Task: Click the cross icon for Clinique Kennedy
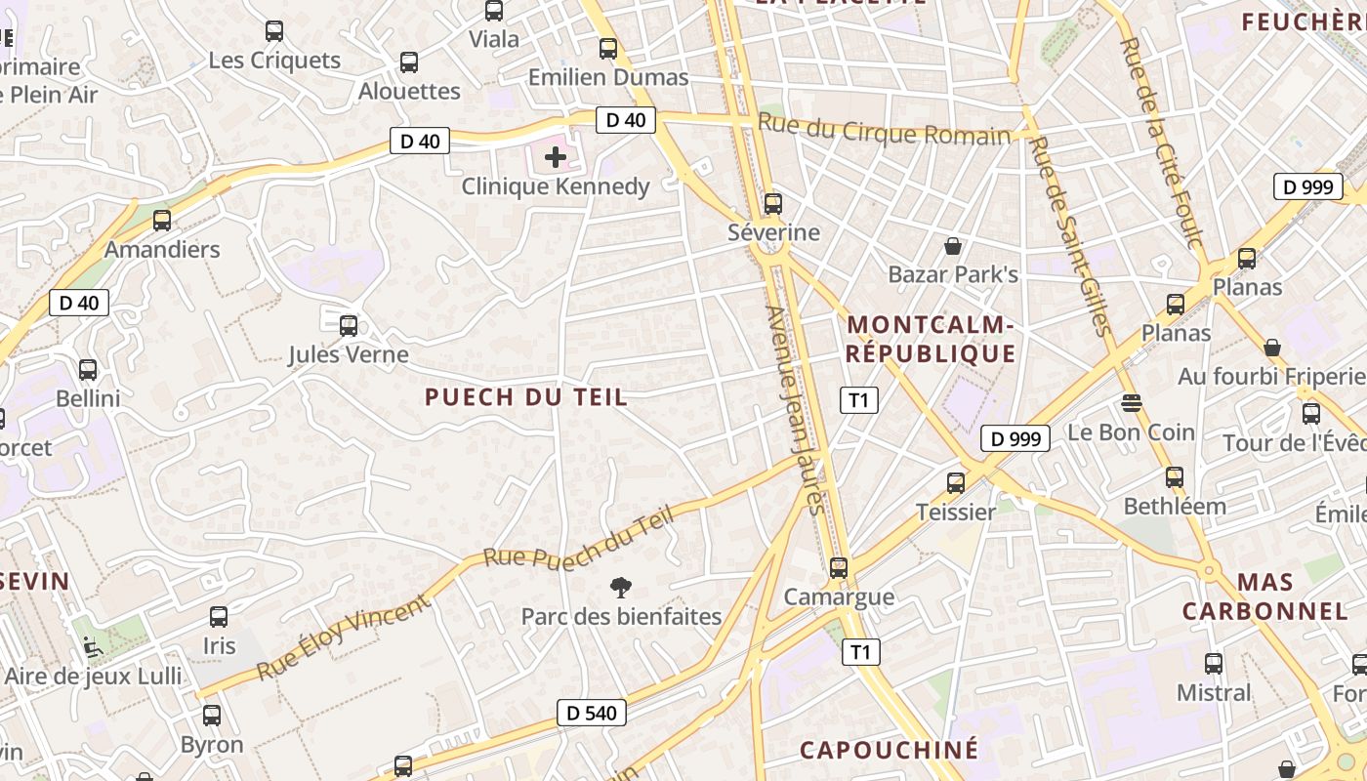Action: [556, 156]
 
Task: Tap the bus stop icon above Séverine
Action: [773, 204]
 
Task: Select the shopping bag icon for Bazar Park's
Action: [953, 246]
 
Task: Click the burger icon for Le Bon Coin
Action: [1132, 402]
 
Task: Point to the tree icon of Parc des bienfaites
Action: [620, 587]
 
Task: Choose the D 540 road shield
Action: [593, 713]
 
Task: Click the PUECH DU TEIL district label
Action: [526, 397]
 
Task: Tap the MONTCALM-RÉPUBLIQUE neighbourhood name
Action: [931, 339]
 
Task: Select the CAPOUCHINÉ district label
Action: [889, 750]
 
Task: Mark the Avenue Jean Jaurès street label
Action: [797, 410]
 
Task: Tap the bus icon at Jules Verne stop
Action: [349, 326]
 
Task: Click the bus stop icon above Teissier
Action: [956, 482]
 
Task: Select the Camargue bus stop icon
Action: [839, 567]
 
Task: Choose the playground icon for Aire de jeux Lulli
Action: [92, 645]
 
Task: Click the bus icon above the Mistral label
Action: [1214, 664]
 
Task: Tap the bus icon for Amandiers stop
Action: [162, 221]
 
